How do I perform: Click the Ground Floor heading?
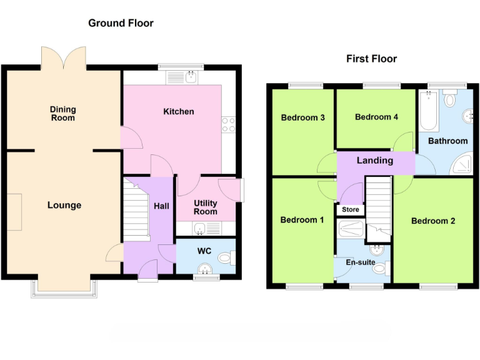click(121, 23)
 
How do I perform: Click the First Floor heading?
click(371, 59)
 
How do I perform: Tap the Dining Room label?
click(62, 114)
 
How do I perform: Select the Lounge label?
click(64, 205)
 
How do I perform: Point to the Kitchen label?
click(179, 111)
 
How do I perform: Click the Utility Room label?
click(205, 207)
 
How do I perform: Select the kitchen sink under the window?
click(191, 77)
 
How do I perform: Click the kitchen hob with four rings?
click(228, 124)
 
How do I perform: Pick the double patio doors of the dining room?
click(63, 58)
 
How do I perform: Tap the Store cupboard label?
click(351, 209)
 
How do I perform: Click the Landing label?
click(375, 161)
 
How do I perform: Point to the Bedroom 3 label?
click(302, 117)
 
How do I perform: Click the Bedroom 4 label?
click(376, 117)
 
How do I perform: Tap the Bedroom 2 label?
click(433, 221)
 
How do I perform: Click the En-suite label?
click(362, 262)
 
